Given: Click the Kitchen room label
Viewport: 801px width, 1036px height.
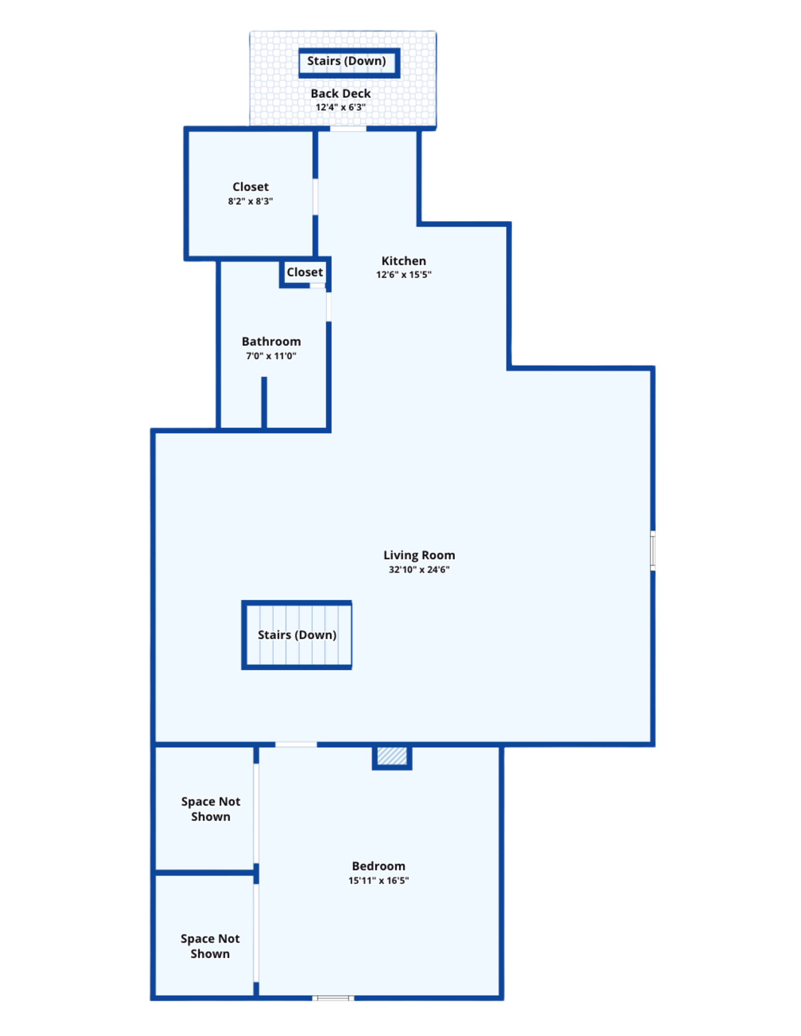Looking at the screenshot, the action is pyautogui.click(x=403, y=261).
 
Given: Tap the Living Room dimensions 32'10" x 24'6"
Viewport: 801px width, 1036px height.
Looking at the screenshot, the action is pyautogui.click(x=419, y=569).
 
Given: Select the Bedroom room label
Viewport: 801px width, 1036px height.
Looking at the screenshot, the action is pyautogui.click(x=378, y=866).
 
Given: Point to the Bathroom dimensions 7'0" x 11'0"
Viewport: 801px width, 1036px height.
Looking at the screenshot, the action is pyautogui.click(x=271, y=355).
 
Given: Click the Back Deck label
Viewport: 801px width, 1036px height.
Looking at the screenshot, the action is pyautogui.click(x=341, y=93).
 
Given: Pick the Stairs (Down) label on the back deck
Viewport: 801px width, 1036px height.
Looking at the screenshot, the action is pyautogui.click(x=346, y=61).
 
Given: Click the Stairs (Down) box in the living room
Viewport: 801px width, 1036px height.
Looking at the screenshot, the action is pyautogui.click(x=297, y=635).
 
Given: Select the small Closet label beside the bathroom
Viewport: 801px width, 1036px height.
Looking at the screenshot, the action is pyautogui.click(x=305, y=272).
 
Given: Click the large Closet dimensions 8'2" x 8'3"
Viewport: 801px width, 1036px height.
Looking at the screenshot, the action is pyautogui.click(x=250, y=201).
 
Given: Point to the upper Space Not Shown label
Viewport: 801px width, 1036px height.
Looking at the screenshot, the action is pyautogui.click(x=210, y=809).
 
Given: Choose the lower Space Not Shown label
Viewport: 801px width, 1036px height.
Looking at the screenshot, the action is pyautogui.click(x=210, y=946).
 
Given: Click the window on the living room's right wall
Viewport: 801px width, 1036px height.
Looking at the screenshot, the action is pyautogui.click(x=653, y=551).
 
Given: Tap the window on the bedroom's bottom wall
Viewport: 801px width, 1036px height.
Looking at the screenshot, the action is pyautogui.click(x=333, y=998).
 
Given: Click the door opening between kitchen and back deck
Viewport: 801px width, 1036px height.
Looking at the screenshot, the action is pyautogui.click(x=348, y=128).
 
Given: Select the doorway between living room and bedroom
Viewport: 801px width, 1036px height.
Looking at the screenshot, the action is pyautogui.click(x=296, y=744).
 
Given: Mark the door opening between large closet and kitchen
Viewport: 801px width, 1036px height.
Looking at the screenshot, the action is pyautogui.click(x=315, y=196).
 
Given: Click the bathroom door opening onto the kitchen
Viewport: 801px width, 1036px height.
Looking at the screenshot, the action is pyautogui.click(x=329, y=307).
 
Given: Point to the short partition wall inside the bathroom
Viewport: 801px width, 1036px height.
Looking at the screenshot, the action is pyautogui.click(x=264, y=402).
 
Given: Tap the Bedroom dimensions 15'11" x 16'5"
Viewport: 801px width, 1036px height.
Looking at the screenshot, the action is pyautogui.click(x=378, y=880).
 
